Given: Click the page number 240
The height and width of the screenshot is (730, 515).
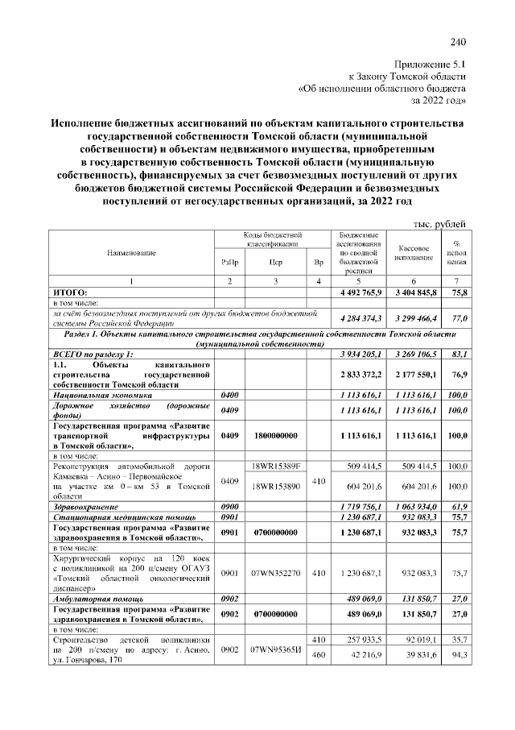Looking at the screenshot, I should (458, 42).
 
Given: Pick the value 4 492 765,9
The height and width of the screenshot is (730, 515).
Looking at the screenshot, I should (359, 290).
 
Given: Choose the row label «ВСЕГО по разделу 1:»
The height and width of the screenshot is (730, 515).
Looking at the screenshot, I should (93, 354).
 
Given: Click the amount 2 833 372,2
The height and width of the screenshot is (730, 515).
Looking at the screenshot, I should (359, 375).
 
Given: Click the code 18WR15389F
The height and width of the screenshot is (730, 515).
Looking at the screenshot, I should (275, 467).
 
